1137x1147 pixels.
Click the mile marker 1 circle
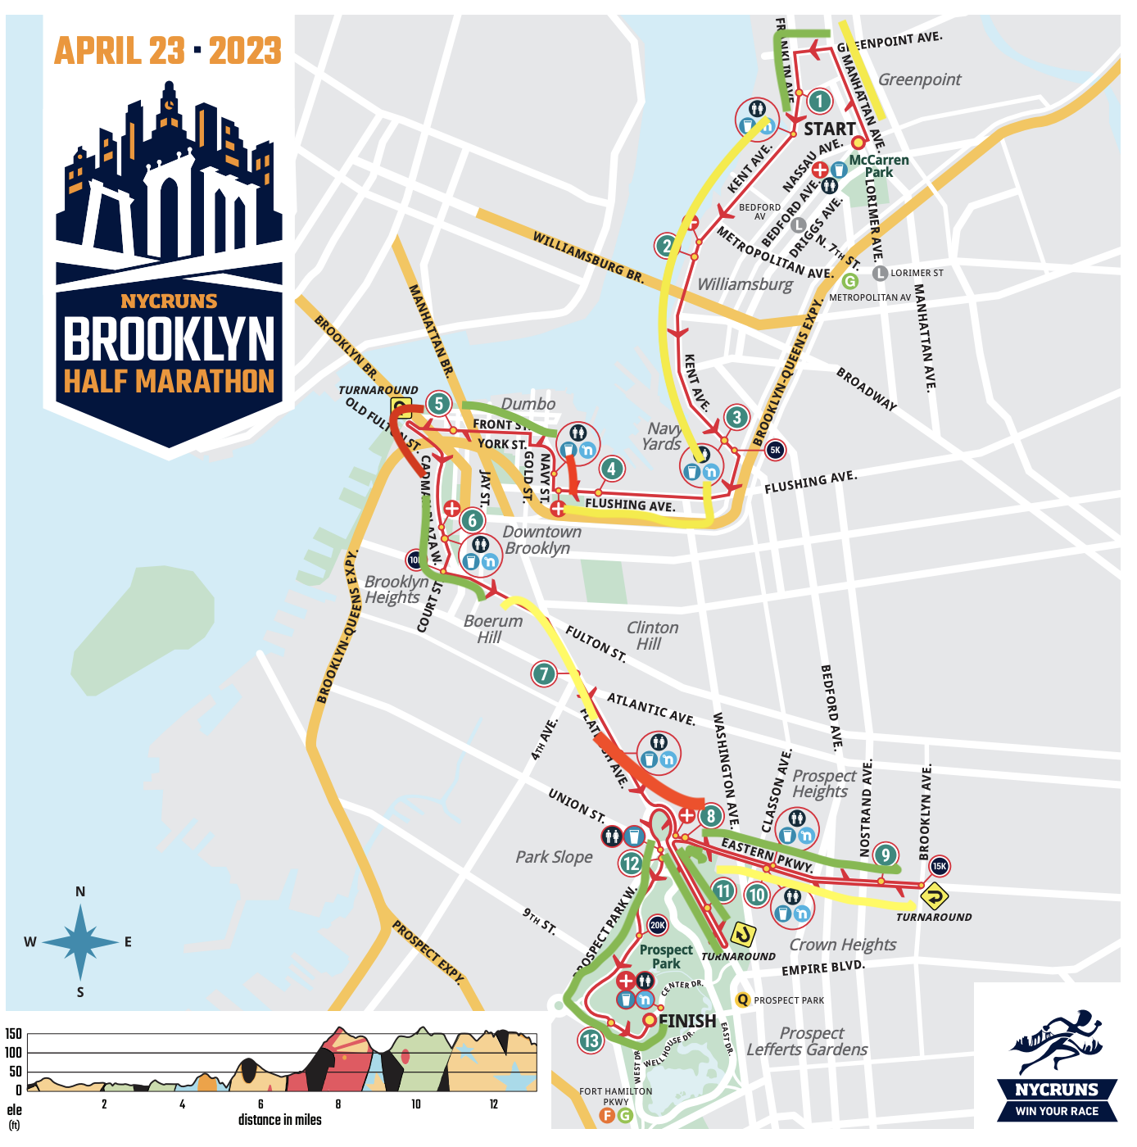coord(819,102)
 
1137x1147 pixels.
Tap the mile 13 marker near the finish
coord(591,1040)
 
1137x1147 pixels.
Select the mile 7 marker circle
coord(544,674)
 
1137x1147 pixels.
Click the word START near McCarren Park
coord(829,129)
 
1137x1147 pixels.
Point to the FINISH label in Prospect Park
coord(687,1021)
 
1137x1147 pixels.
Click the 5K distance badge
coord(774,450)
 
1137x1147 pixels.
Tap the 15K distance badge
coord(939,866)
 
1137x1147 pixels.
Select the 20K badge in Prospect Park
coord(658,926)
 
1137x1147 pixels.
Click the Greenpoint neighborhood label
coord(919,79)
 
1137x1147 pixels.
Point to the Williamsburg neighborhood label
coord(745,284)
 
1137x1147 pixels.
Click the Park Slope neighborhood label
coord(554,857)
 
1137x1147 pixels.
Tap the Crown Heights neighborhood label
coord(842,945)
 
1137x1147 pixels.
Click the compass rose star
coord(80,942)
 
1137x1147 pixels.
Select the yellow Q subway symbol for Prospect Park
coord(743,1000)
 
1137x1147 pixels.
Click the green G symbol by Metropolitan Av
coord(849,282)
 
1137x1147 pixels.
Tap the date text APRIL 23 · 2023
coord(168,51)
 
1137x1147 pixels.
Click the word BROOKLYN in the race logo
coord(170,339)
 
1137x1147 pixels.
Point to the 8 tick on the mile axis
coord(338,1104)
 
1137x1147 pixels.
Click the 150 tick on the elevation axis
coord(14,1034)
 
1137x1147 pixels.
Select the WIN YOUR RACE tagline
coord(1057,1112)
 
